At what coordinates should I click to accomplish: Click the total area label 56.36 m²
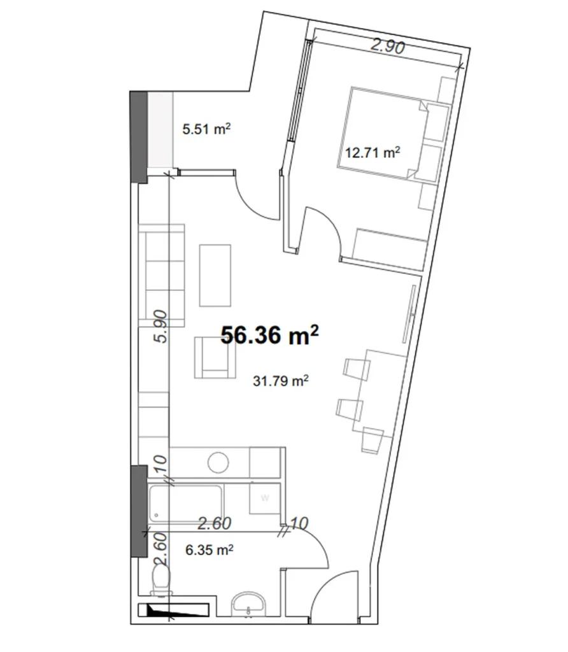(x=269, y=336)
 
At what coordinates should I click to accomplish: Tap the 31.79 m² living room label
(x=281, y=381)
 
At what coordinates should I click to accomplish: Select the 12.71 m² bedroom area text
(x=372, y=152)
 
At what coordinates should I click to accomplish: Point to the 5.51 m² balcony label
(x=206, y=130)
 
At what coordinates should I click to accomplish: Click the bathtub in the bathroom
(x=185, y=503)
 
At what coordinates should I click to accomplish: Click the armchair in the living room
(x=213, y=358)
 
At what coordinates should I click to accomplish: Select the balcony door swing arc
(x=251, y=197)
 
